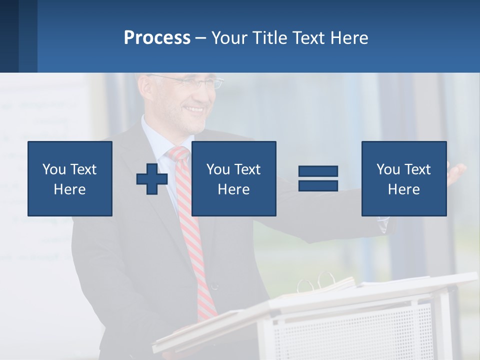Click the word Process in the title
click(x=157, y=38)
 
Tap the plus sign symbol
click(x=152, y=179)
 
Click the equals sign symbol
click(x=318, y=178)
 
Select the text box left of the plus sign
click(x=70, y=178)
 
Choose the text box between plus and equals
click(x=233, y=178)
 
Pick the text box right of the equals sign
click(x=403, y=178)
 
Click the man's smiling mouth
click(x=194, y=109)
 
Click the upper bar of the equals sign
click(x=318, y=172)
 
